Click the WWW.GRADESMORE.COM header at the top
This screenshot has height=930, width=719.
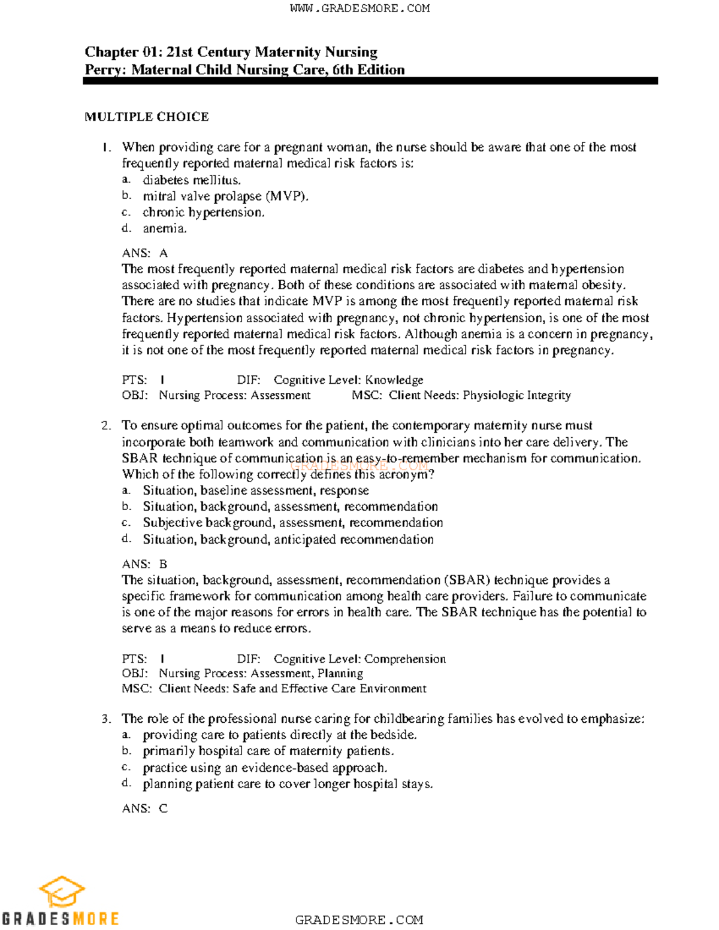[x=359, y=8]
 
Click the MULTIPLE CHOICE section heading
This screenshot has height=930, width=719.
[x=147, y=117]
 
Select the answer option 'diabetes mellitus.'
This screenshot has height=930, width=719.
[x=192, y=180]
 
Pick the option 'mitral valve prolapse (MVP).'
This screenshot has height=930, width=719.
[x=225, y=196]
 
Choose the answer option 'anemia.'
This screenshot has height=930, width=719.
[x=165, y=228]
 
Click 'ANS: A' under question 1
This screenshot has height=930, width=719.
[x=144, y=253]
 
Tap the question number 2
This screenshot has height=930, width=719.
[x=106, y=426]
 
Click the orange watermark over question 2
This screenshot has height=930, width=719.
[x=359, y=465]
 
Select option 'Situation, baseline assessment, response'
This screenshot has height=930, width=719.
[x=255, y=490]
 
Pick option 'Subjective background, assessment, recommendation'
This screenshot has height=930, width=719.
[x=292, y=523]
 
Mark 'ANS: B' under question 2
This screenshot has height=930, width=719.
[x=144, y=564]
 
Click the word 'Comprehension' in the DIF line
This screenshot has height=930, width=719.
[x=405, y=659]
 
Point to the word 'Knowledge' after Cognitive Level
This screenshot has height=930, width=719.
[x=394, y=380]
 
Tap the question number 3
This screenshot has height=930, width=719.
[x=106, y=719]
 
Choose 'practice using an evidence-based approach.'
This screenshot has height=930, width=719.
[x=265, y=768]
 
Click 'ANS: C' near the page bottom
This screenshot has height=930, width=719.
[x=144, y=808]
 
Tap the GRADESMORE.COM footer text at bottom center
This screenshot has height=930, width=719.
[x=359, y=920]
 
